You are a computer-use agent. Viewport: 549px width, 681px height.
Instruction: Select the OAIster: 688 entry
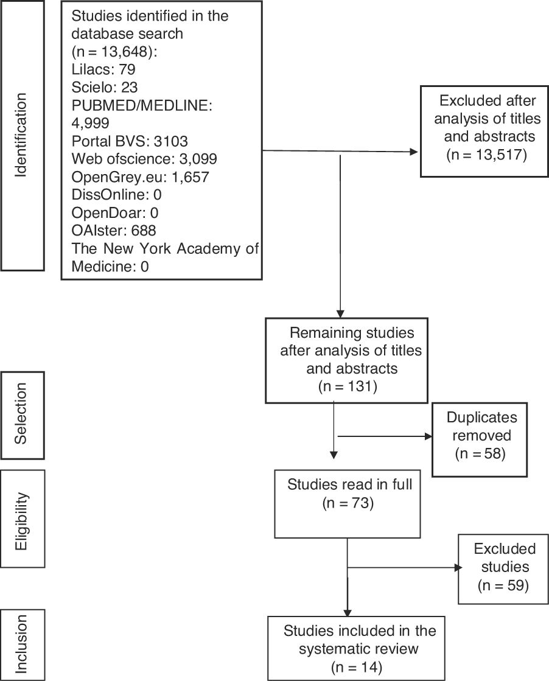114,231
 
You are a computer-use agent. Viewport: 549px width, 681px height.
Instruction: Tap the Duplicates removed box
479,436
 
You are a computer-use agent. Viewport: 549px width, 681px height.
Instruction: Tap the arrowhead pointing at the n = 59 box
457,568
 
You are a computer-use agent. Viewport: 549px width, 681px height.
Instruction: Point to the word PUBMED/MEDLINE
141,105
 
